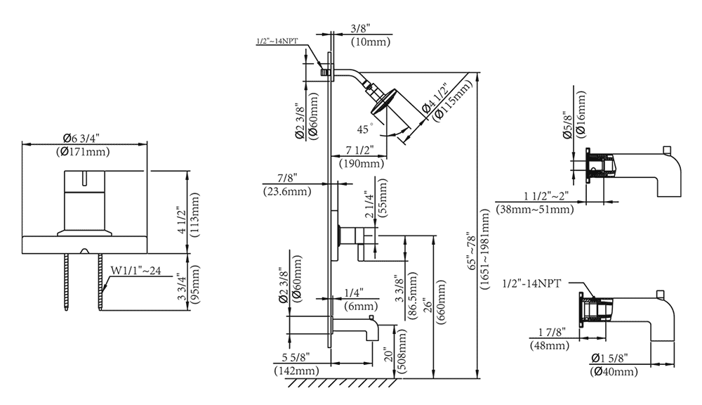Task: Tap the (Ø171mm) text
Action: click(84, 152)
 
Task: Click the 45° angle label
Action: click(364, 129)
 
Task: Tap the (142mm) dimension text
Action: click(296, 370)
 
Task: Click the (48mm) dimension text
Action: click(550, 345)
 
